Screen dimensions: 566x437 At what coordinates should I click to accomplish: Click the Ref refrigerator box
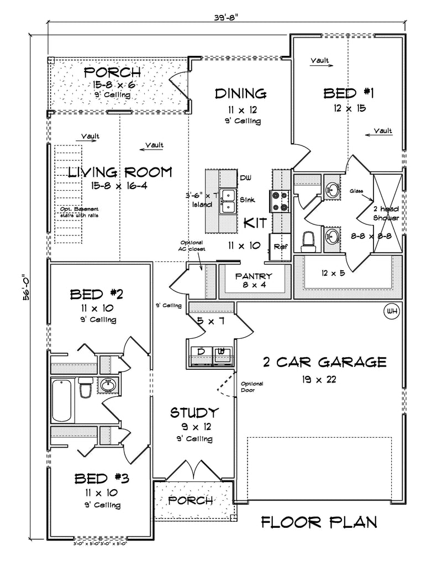point(279,245)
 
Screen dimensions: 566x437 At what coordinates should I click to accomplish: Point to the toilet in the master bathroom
point(309,240)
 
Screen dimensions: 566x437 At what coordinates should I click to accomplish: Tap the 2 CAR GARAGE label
point(324,363)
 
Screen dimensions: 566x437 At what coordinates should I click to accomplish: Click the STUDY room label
point(194,412)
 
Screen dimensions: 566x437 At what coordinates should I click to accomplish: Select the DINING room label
point(241,93)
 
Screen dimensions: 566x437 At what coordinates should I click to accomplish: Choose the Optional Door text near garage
point(252,386)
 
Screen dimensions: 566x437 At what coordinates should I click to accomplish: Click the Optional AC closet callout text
point(193,245)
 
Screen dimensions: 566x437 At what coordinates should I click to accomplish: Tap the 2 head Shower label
point(386,213)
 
